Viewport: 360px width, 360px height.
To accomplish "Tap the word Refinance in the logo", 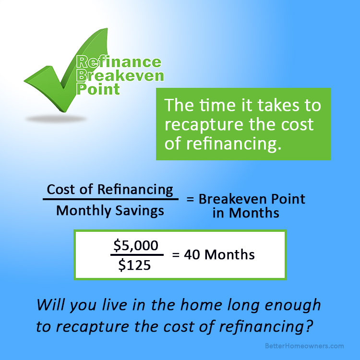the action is click(119, 62).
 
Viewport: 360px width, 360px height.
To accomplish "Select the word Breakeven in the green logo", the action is click(120, 75).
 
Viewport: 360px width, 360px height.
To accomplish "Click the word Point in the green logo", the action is click(98, 89).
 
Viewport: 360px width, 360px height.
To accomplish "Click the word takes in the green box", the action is click(278, 105).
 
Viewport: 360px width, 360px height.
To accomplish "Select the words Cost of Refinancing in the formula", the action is click(110, 190).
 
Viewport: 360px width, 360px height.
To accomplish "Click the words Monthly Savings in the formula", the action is click(110, 211).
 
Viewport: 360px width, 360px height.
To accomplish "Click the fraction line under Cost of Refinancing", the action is click(110, 199).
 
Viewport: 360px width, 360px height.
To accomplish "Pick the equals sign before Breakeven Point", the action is click(190, 199).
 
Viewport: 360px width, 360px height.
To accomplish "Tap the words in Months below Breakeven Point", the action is click(246, 213).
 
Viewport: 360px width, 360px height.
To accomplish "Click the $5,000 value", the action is click(136, 245).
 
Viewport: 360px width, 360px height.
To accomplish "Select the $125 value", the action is click(135, 265).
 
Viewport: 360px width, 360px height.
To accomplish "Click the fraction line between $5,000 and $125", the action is click(137, 254).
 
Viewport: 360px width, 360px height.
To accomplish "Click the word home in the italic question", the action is click(201, 305).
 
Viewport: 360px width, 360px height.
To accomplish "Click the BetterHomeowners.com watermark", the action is click(304, 346).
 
